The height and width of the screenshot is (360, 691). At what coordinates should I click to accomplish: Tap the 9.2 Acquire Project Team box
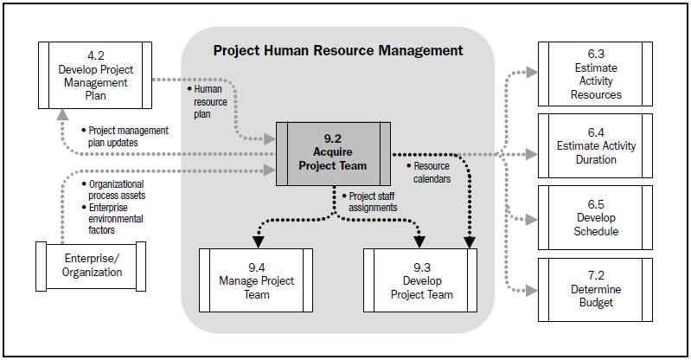[334, 151]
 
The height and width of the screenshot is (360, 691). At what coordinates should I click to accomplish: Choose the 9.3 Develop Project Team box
[421, 280]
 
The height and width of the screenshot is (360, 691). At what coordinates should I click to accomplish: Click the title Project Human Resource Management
[338, 50]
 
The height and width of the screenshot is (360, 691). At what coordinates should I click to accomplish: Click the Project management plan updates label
[126, 136]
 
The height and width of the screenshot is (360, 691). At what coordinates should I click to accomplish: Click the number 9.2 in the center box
[334, 137]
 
